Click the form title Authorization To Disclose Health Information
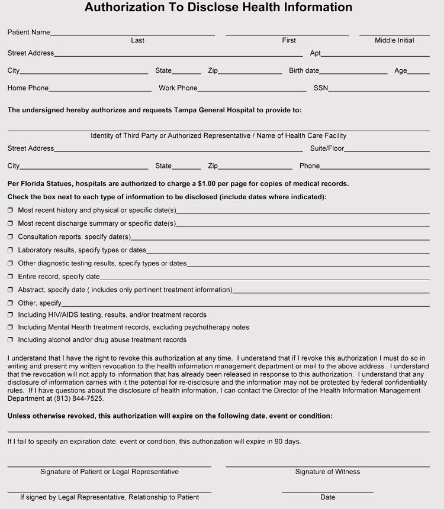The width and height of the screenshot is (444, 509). (218, 8)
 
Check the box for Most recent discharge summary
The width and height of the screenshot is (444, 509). (10, 224)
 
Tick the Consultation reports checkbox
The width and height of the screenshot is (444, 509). (10, 237)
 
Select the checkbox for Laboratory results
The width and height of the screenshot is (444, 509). (10, 251)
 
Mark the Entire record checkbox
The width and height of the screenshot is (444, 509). (10, 277)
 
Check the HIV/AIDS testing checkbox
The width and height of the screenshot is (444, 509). (10, 315)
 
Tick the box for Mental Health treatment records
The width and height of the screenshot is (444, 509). (10, 328)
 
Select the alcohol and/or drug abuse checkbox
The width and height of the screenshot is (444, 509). (10, 341)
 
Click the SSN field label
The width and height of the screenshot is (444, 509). (320, 89)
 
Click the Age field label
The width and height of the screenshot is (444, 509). (401, 71)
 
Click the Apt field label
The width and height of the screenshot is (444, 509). (315, 53)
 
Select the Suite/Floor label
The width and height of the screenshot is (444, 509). (327, 148)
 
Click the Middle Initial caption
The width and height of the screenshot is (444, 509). (394, 40)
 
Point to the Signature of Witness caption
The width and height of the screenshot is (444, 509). (327, 472)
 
